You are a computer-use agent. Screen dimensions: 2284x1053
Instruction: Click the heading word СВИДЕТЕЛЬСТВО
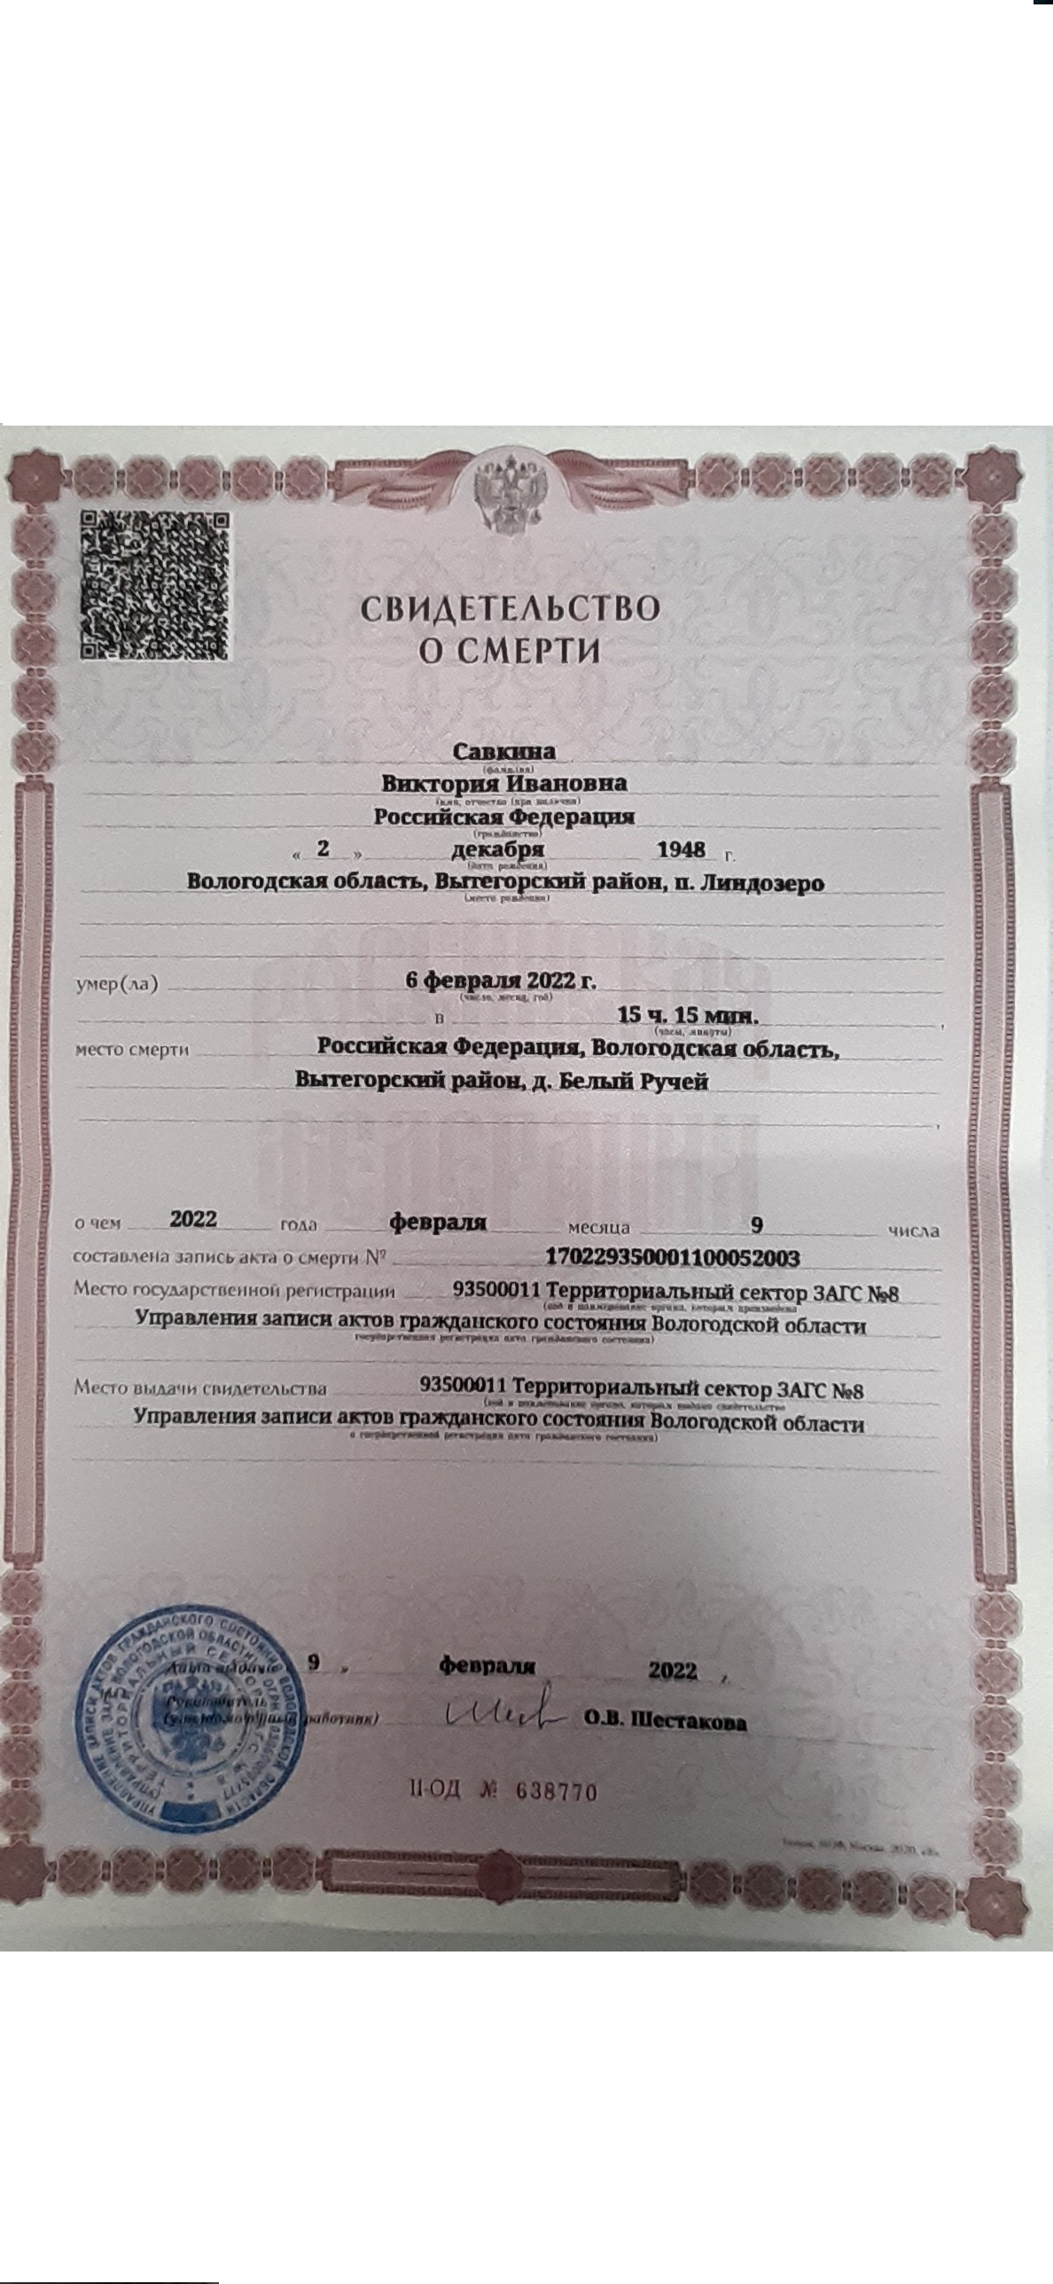click(x=510, y=608)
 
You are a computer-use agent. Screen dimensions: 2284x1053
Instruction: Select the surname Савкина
click(x=504, y=751)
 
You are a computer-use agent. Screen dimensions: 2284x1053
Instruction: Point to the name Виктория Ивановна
click(x=504, y=784)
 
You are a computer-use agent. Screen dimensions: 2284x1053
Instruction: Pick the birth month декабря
click(x=498, y=849)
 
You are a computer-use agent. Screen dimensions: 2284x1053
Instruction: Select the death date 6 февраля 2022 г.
click(x=501, y=981)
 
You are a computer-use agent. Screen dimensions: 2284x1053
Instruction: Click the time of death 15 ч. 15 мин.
click(x=688, y=1014)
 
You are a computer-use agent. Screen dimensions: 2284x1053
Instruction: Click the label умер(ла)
click(x=116, y=984)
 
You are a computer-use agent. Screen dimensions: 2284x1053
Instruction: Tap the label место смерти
click(x=132, y=1050)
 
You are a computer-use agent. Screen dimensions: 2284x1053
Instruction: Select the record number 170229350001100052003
click(x=673, y=1257)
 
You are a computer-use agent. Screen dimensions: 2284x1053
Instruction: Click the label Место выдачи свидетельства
click(x=200, y=1388)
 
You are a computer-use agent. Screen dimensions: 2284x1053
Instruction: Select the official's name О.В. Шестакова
click(x=665, y=1722)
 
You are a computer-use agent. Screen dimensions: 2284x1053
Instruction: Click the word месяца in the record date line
click(x=599, y=1229)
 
